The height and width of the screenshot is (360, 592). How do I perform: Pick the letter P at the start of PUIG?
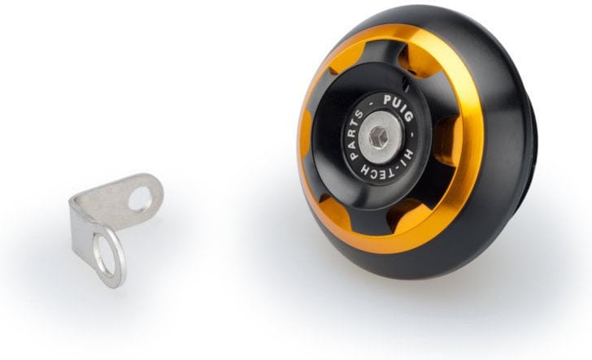(388, 100)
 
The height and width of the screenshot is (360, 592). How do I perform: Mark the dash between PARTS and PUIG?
(372, 102)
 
